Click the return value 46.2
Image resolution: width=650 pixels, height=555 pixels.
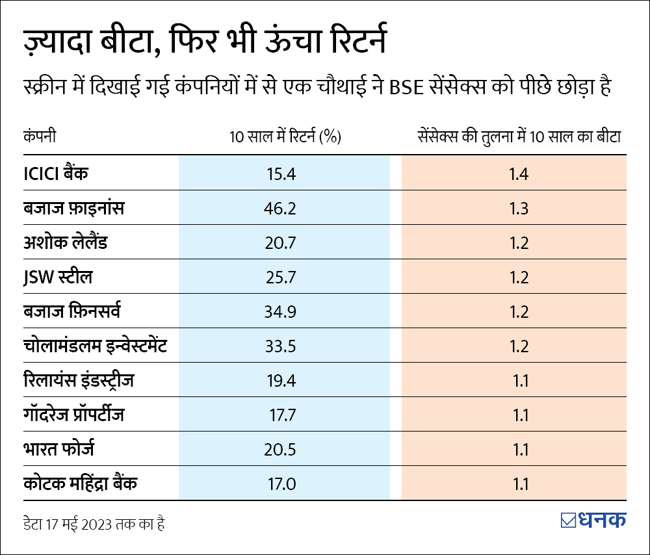[x=281, y=209]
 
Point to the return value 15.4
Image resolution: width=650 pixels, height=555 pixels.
[x=281, y=174]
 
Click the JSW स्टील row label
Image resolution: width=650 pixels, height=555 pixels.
[x=57, y=277]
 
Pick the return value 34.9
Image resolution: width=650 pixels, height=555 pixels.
[x=281, y=312]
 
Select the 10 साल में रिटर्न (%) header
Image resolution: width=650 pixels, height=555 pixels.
[x=285, y=137]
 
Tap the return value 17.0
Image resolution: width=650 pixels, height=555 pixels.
[x=281, y=484]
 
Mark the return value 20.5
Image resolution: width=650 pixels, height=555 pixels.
[x=281, y=450]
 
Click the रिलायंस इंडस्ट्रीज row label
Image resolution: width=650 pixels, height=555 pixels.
[x=78, y=380]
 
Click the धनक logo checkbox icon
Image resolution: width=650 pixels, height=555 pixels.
[x=567, y=521]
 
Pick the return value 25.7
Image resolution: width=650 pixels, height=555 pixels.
[x=281, y=277]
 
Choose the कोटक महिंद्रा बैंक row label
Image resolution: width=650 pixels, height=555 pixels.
[x=80, y=484]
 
